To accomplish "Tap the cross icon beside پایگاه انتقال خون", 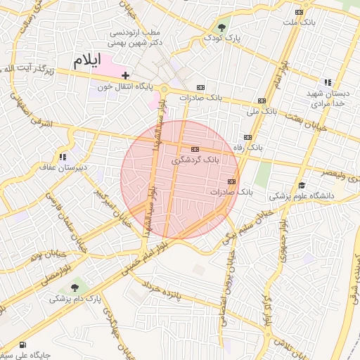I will pos(126,75).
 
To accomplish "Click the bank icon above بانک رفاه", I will pos(247,137).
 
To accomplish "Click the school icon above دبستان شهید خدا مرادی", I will pos(328,82).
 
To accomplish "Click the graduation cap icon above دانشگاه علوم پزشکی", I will pos(301,185).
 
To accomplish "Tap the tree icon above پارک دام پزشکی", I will pos(75,288).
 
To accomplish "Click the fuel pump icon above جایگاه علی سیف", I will pos(24,345).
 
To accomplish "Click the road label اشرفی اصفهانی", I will pos(32,112).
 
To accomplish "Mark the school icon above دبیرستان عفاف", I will pos(63,157).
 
